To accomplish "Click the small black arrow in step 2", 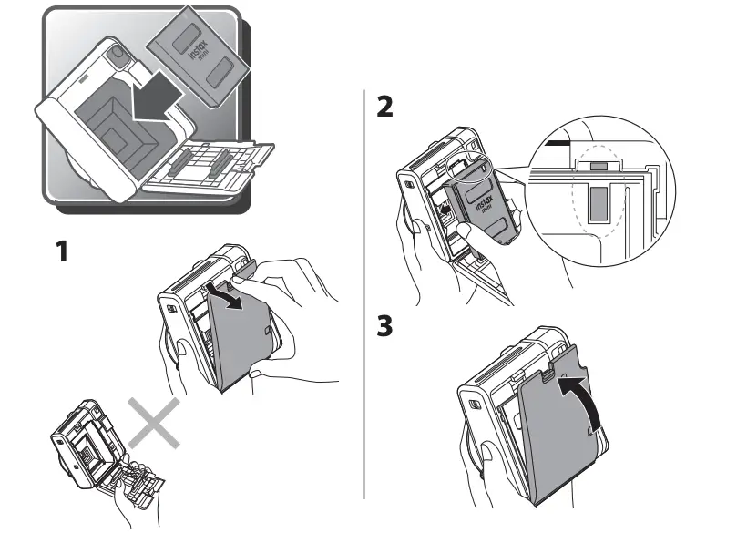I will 445,210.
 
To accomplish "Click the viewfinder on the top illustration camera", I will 116,56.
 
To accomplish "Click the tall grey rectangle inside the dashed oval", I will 598,205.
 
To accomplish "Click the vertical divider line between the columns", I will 364,292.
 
